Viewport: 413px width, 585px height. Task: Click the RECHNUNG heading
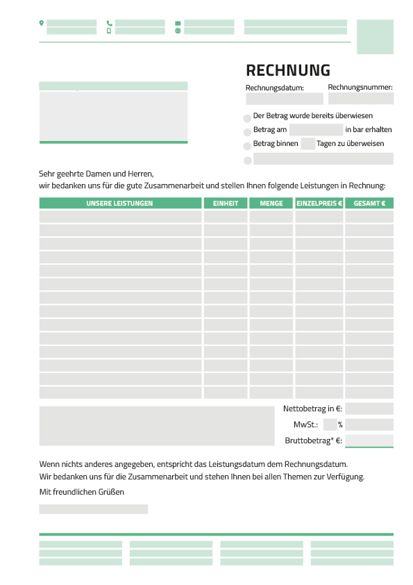(x=288, y=70)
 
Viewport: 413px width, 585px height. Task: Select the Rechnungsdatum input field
(x=284, y=99)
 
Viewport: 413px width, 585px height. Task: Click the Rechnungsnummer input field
(x=360, y=99)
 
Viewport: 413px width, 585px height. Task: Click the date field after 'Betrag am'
(x=316, y=130)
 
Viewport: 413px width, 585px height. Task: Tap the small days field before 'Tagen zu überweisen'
(x=308, y=144)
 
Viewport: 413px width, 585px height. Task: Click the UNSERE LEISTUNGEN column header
(x=119, y=204)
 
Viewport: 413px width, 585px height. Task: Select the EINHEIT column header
(x=226, y=204)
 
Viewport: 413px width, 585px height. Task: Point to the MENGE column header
(x=271, y=204)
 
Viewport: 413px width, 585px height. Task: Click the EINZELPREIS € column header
(x=319, y=204)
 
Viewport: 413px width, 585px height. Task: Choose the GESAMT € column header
(x=369, y=204)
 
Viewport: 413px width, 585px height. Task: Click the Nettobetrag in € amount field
(x=369, y=409)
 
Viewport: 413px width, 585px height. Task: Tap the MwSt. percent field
(x=330, y=425)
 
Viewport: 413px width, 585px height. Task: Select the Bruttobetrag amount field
(x=369, y=440)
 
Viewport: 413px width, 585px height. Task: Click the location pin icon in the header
(x=42, y=23)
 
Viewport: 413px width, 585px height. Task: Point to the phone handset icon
(x=109, y=23)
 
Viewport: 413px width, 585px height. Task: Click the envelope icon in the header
(x=178, y=23)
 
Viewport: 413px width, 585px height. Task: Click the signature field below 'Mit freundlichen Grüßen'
(x=94, y=509)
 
